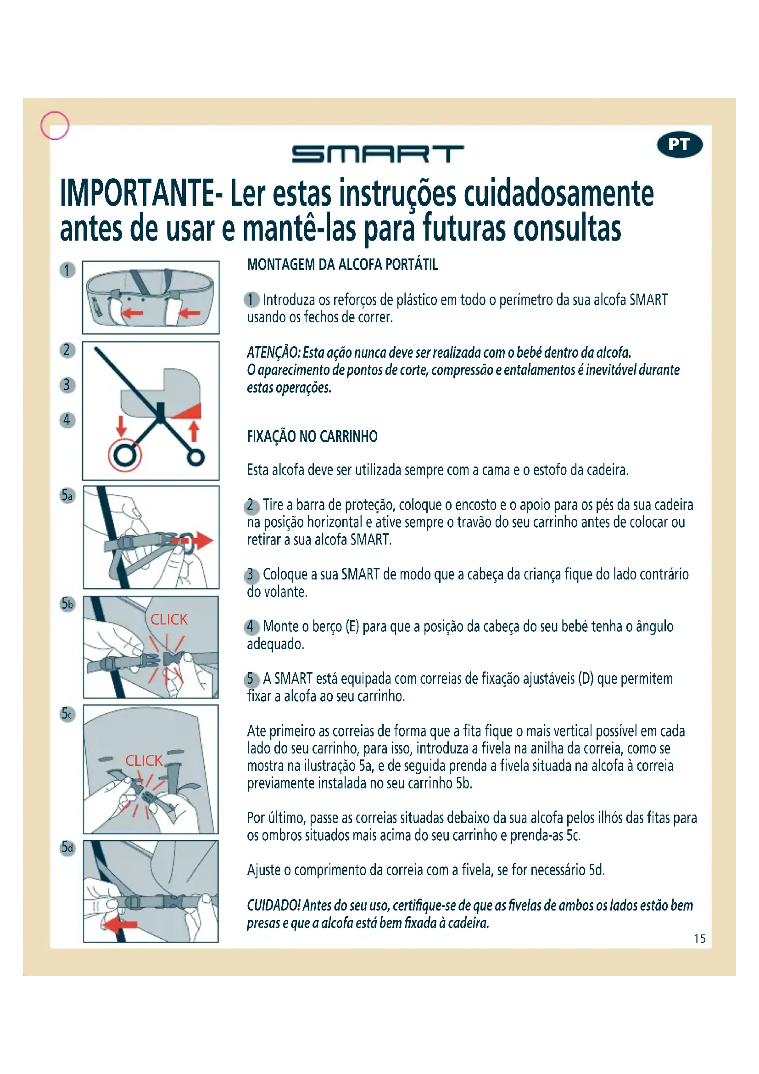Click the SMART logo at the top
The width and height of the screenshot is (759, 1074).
point(378,154)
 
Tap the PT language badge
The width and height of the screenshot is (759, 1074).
point(680,145)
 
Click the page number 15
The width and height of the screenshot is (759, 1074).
point(700,939)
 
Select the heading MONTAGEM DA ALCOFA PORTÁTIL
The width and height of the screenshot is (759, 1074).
point(343,265)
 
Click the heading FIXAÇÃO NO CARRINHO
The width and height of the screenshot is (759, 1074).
point(312,436)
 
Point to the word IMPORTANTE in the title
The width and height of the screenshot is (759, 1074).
point(137,193)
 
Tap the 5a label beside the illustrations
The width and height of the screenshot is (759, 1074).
point(68,495)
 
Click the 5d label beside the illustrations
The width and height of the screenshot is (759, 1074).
point(68,848)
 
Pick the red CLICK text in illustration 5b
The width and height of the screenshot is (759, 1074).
point(169,619)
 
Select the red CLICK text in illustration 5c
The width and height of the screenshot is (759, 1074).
point(144,760)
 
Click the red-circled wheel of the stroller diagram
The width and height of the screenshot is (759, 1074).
point(125,455)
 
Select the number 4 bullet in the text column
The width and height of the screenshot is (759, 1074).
point(251,626)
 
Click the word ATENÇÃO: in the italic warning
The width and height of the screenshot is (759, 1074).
point(274,352)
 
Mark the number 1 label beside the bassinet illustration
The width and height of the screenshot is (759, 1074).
point(67,270)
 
